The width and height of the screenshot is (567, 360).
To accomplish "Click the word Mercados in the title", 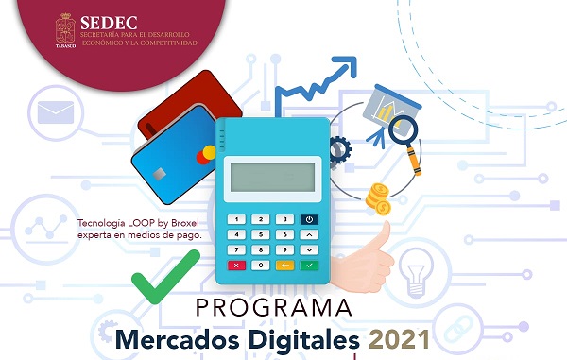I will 181,338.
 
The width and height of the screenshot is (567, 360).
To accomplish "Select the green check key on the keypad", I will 308,266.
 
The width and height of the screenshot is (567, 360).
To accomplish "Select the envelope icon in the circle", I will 55,113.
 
